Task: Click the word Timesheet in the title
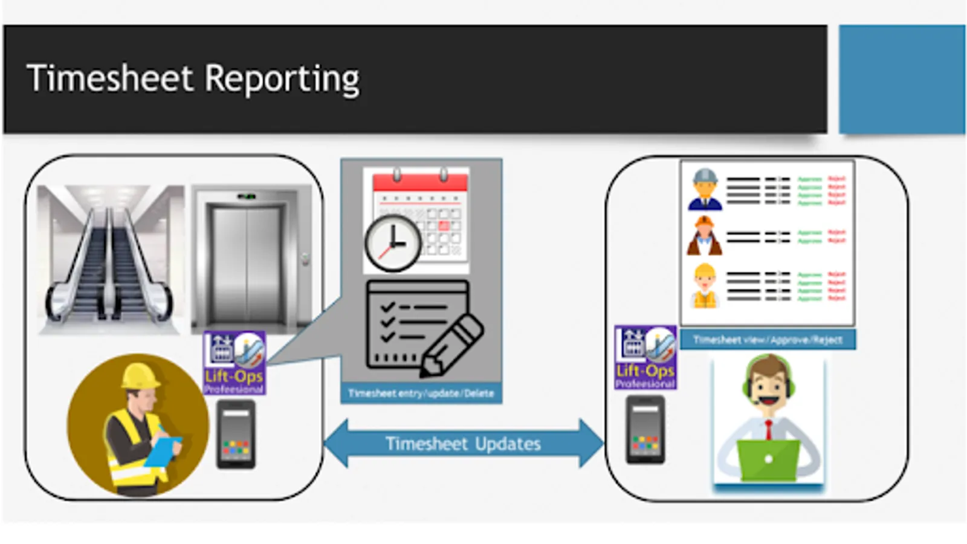coord(110,79)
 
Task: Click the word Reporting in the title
coord(282,80)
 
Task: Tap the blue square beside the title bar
coord(902,79)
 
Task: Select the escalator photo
coord(110,260)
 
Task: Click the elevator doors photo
coord(247,260)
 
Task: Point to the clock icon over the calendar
coord(393,244)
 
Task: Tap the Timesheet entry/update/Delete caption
coord(421,393)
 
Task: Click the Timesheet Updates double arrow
coord(463,444)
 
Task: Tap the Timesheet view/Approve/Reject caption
coord(768,340)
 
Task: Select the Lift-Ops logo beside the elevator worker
coord(234,363)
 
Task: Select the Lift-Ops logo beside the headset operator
coord(645,357)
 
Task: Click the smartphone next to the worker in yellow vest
coord(236,434)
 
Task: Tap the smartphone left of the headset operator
coord(645,430)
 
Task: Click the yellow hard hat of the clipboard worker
coord(140,376)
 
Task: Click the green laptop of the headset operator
coord(768,459)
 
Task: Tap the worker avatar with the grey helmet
coord(705,190)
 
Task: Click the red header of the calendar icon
coord(421,182)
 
